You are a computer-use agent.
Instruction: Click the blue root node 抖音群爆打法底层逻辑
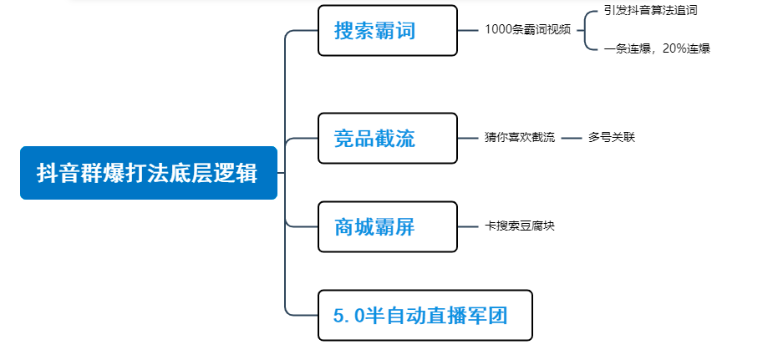tap(148, 173)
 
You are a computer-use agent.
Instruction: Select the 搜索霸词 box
tap(387, 31)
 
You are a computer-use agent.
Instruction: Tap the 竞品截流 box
tap(387, 138)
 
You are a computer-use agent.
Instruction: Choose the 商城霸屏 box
tap(387, 226)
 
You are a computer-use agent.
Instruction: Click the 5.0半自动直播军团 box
tap(425, 315)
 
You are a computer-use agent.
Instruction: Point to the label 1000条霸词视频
tap(527, 29)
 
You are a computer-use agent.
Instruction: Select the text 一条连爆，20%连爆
tap(657, 48)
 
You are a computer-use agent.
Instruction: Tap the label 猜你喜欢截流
tap(519, 137)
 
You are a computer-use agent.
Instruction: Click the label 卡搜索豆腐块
tap(520, 226)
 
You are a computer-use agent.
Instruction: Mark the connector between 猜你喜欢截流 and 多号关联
tap(571, 138)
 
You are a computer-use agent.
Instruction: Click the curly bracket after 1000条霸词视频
tap(588, 30)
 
